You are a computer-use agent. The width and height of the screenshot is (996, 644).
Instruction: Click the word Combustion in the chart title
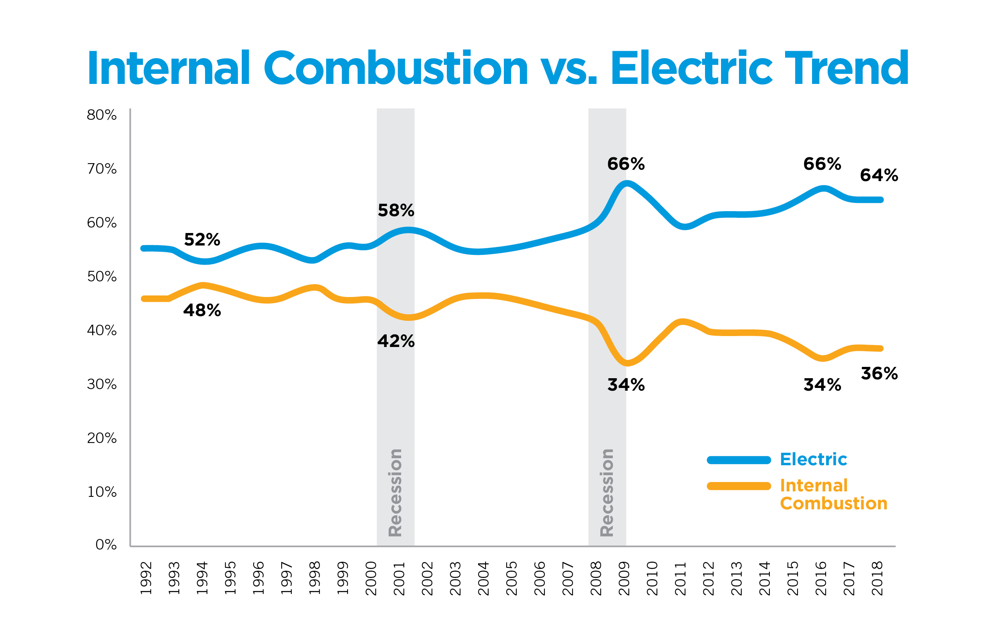tap(395, 68)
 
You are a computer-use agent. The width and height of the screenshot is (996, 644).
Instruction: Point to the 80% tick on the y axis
tap(102, 115)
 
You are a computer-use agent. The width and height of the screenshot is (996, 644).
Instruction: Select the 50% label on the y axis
tap(102, 276)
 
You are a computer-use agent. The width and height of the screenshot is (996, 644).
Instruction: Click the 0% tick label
tap(106, 544)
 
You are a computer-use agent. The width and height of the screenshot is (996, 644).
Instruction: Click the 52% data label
tap(202, 240)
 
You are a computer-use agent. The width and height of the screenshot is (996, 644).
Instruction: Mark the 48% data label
tap(202, 310)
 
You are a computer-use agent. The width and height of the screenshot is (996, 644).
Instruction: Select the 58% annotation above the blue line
tap(396, 210)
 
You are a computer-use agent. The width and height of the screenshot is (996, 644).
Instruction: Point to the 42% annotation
tap(396, 341)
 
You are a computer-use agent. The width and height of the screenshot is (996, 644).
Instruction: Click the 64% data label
tap(879, 175)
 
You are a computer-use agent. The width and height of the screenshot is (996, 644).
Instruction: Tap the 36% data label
tap(879, 374)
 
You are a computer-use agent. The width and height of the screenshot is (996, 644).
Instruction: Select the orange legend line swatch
tap(739, 486)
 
